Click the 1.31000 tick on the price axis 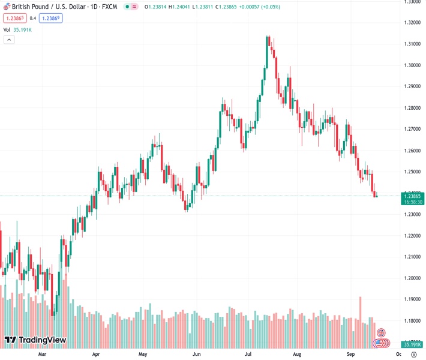pyautogui.click(x=412, y=44)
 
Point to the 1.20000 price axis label pyautogui.click(x=412, y=278)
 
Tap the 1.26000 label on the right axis pyautogui.click(x=412, y=151)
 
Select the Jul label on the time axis pyautogui.click(x=246, y=355)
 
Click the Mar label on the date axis pyautogui.click(x=42, y=355)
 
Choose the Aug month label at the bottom pyautogui.click(x=297, y=355)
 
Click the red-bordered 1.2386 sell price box pyautogui.click(x=14, y=19)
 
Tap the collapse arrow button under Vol pyautogui.click(x=9, y=40)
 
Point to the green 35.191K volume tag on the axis pyautogui.click(x=412, y=344)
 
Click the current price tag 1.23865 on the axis pyautogui.click(x=412, y=196)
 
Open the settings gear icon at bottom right pyautogui.click(x=413, y=355)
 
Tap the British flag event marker pyautogui.click(x=380, y=332)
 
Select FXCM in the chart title pyautogui.click(x=110, y=7)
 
